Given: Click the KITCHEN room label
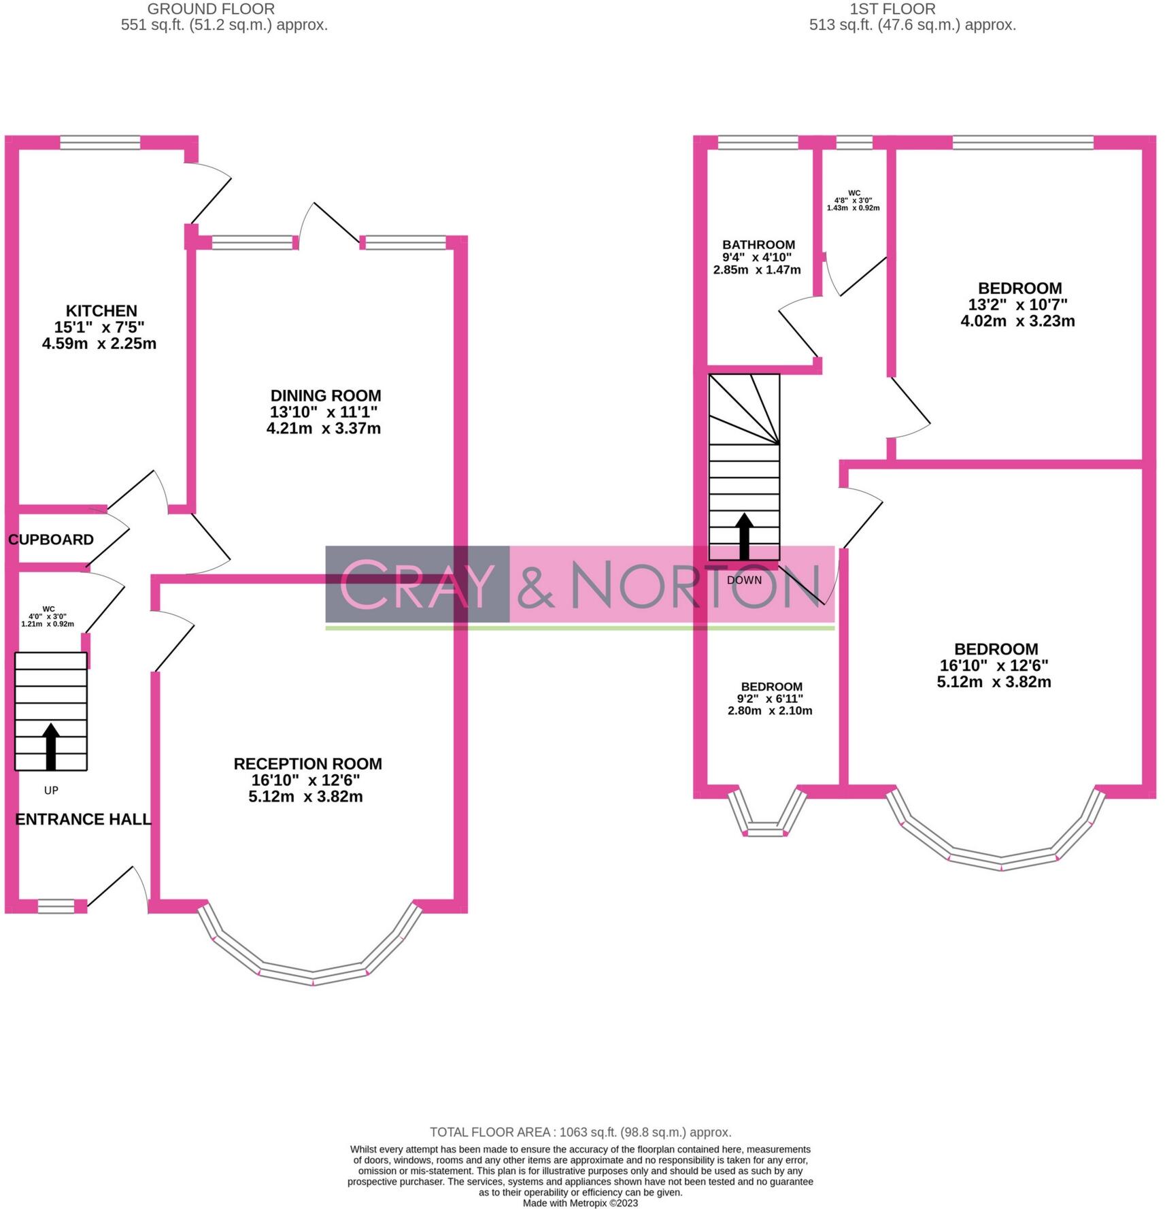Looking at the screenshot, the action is tap(101, 311).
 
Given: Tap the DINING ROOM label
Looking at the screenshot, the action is tap(326, 396).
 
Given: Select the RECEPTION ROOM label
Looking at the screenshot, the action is tap(307, 764).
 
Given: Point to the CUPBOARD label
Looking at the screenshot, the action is tap(51, 540).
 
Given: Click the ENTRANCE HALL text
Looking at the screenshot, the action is tap(83, 819).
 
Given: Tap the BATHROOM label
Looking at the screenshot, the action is tap(758, 245).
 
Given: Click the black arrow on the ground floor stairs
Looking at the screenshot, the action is tap(51, 746).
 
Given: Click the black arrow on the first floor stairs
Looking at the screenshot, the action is tap(744, 536).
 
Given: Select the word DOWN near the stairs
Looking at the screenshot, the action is tap(744, 580).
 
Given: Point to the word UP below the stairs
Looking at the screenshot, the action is tap(51, 791).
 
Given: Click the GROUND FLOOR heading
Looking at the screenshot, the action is tap(211, 10).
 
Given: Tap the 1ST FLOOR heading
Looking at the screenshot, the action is tap(892, 10).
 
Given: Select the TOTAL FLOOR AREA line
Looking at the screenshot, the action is tap(580, 1132).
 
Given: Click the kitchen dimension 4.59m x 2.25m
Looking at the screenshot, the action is tap(99, 344).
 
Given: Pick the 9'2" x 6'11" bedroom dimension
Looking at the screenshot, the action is tap(770, 699).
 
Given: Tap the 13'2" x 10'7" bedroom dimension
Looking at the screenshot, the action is tap(1018, 304).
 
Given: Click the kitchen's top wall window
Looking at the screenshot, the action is tap(100, 142).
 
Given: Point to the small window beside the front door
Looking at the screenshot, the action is tap(56, 906).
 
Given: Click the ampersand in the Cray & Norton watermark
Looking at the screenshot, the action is tap(537, 586).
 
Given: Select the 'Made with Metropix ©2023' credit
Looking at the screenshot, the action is tap(580, 1203).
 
